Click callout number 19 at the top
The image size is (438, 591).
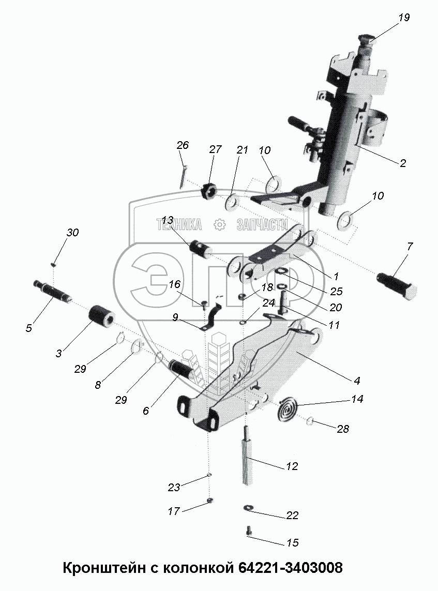(x=404, y=18)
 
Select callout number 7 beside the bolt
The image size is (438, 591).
(x=410, y=247)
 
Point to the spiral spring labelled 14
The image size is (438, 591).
(x=289, y=407)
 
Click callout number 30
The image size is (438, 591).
(x=72, y=232)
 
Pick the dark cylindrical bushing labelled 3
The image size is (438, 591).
(x=101, y=315)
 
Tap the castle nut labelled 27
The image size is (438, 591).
(x=208, y=190)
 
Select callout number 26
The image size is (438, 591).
(x=183, y=145)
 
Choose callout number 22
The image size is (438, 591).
(x=292, y=515)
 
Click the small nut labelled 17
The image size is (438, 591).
(x=210, y=501)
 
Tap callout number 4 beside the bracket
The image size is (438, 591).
(x=357, y=380)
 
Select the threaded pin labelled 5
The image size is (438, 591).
(x=52, y=290)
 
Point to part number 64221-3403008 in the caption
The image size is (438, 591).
(x=290, y=567)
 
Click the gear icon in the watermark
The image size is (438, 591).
(x=219, y=225)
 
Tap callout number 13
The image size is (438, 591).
(x=168, y=220)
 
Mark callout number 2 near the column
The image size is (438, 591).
(x=402, y=163)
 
